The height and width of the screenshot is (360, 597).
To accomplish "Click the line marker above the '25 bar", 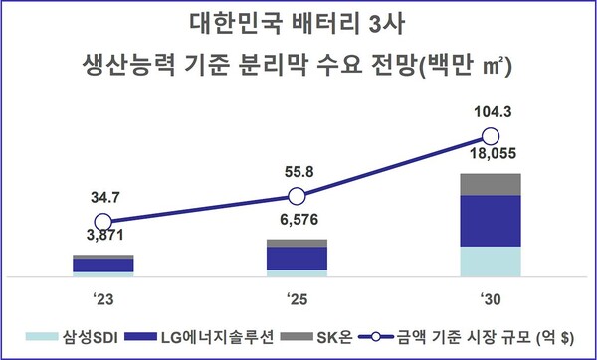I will click(x=297, y=195).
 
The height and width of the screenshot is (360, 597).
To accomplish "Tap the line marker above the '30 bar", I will click(x=490, y=136).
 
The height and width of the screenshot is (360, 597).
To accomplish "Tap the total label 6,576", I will click(x=297, y=219).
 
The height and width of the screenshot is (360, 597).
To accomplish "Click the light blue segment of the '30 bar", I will click(x=490, y=262).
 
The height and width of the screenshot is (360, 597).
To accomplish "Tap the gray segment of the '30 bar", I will click(x=490, y=184).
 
